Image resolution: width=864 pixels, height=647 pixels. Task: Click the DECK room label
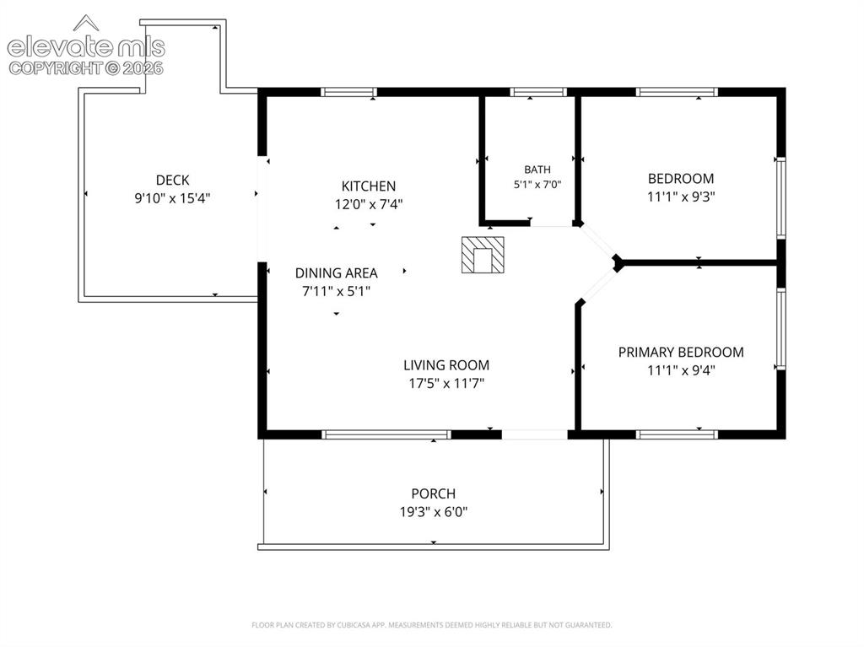(172, 181)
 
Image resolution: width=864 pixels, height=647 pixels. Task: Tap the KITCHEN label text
(369, 186)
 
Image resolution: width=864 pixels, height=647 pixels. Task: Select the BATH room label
(537, 170)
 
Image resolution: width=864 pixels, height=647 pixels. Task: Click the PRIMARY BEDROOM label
(681, 352)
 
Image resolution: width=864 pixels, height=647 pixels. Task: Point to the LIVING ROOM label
(446, 364)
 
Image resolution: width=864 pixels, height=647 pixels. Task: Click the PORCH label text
(434, 493)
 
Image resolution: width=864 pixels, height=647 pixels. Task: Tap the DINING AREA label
(336, 272)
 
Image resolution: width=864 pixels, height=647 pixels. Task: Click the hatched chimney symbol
(483, 255)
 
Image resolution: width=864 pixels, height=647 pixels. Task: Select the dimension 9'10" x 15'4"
(172, 198)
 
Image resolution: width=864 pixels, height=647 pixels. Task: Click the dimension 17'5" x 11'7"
(446, 383)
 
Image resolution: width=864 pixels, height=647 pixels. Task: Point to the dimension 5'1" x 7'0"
(537, 185)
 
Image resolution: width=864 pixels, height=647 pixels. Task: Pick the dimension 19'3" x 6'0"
(434, 512)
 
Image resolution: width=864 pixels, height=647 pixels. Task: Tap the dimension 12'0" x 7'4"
(369, 204)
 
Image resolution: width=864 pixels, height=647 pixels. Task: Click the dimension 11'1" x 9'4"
(681, 370)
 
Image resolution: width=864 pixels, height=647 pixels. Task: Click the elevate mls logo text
(86, 47)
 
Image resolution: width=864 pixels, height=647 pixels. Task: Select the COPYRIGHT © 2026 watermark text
(86, 68)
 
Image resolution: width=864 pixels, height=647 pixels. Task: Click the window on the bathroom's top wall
(537, 92)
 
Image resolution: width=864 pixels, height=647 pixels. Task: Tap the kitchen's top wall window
(348, 92)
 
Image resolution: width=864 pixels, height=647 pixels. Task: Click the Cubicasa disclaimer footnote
(431, 625)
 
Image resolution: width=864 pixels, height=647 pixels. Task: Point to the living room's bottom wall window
(386, 434)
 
